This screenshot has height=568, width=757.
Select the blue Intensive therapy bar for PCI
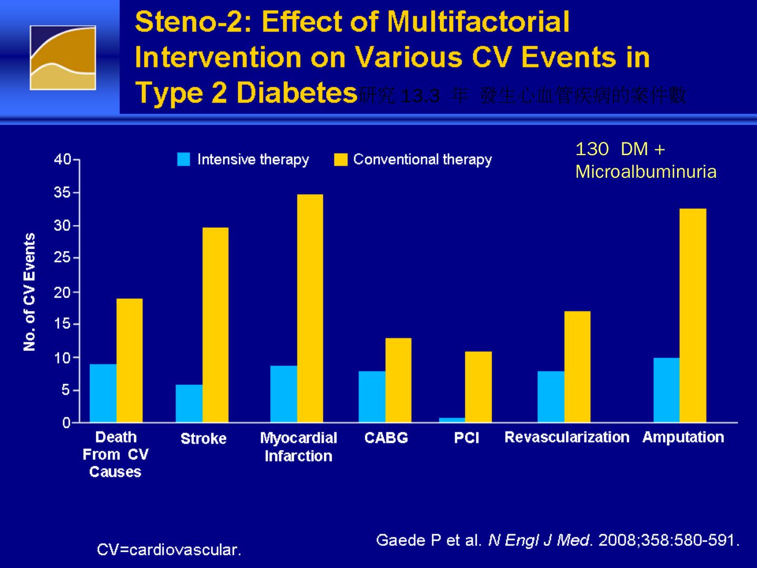(x=452, y=420)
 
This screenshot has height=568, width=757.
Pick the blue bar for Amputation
(x=666, y=390)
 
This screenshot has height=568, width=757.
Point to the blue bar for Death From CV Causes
(x=103, y=393)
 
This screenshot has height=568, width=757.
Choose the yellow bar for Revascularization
(x=577, y=367)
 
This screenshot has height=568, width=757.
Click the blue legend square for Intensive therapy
(x=183, y=159)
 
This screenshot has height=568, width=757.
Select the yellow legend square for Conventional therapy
(x=341, y=159)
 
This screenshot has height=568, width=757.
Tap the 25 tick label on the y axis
(x=62, y=258)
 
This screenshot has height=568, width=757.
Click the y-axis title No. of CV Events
(x=29, y=292)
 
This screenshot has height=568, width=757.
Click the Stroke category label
(x=203, y=438)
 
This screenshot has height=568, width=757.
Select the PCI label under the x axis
(x=466, y=438)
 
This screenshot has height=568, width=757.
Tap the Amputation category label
(x=683, y=437)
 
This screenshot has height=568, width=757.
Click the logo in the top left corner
(x=63, y=58)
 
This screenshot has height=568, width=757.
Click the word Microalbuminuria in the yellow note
(x=646, y=172)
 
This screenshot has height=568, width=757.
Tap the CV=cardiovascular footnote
(x=169, y=550)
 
